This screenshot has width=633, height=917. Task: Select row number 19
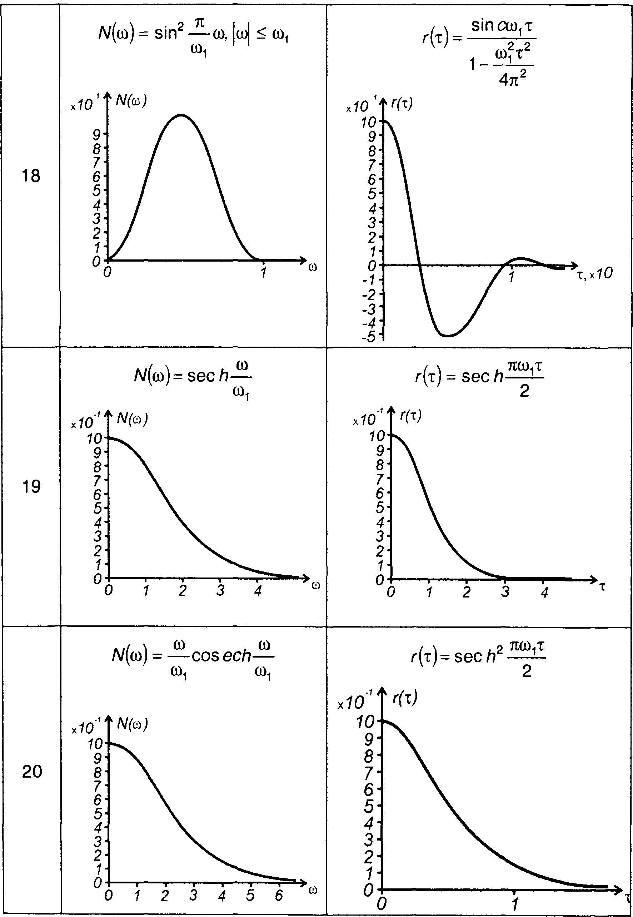(x=31, y=486)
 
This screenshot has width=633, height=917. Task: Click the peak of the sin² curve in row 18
(x=181, y=115)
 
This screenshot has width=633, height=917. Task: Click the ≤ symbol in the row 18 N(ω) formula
(x=261, y=34)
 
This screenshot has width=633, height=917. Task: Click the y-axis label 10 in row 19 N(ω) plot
(x=94, y=438)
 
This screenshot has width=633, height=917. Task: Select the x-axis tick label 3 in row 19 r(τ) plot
(x=504, y=592)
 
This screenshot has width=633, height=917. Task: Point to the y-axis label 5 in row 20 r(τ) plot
(x=369, y=806)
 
